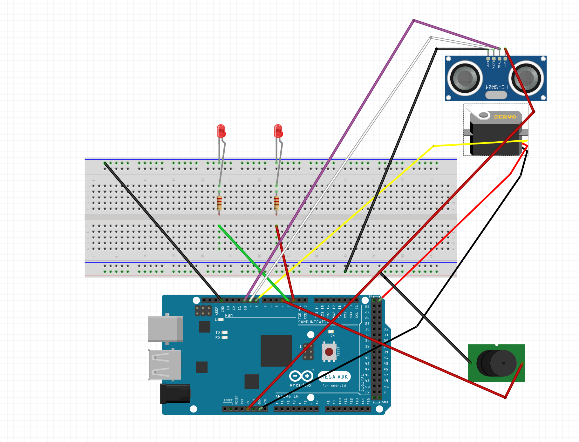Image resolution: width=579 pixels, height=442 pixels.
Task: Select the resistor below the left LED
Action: (x=219, y=203)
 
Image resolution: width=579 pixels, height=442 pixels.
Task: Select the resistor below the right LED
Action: (x=276, y=203)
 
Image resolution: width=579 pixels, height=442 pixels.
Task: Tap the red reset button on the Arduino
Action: (x=329, y=352)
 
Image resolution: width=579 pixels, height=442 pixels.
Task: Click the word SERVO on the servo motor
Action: (x=505, y=117)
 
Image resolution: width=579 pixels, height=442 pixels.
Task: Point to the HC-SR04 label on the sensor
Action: (x=496, y=87)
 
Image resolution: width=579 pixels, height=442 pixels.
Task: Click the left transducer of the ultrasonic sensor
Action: (x=465, y=78)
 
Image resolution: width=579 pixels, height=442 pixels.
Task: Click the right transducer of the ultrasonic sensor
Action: (x=526, y=78)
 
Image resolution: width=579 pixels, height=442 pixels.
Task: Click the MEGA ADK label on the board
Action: (x=334, y=377)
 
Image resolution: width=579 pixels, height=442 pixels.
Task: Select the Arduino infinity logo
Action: (x=301, y=376)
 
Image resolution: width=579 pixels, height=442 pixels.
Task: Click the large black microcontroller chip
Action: (x=276, y=351)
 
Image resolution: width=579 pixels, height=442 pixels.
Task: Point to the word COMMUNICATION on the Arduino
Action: (x=313, y=322)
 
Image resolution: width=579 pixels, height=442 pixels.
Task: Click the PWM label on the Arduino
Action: (x=229, y=315)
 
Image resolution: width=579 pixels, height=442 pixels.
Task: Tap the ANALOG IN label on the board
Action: (x=287, y=396)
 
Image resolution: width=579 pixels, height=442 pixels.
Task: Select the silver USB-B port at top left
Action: (x=166, y=329)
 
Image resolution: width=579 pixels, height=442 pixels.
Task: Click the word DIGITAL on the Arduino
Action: (x=362, y=382)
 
